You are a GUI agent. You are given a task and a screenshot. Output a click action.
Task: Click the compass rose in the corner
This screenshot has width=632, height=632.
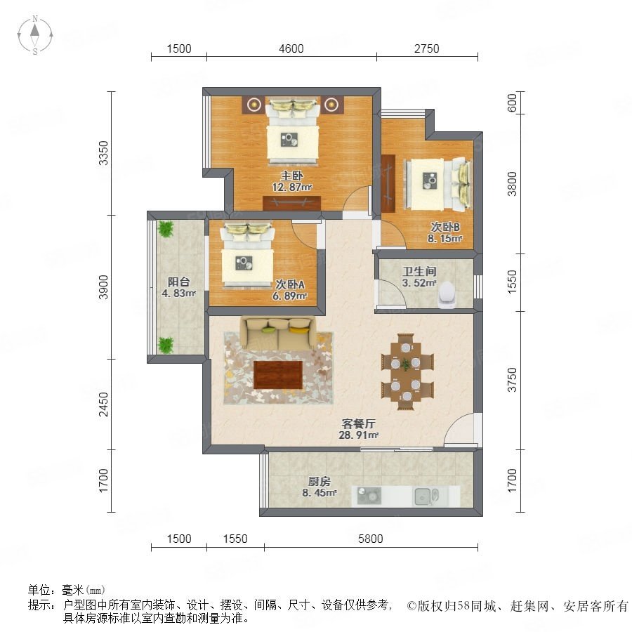click(35, 35)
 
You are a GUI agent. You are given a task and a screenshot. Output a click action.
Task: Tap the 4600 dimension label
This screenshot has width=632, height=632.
click(291, 48)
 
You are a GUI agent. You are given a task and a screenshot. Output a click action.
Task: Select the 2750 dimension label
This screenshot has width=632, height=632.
click(426, 48)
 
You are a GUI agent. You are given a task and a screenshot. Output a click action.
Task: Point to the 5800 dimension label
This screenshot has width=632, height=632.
click(370, 539)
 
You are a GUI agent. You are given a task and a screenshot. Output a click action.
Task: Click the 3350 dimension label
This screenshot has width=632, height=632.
click(104, 153)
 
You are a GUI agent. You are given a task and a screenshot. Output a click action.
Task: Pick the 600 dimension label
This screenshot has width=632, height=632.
click(512, 103)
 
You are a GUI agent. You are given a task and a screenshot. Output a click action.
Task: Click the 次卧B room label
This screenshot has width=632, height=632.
click(445, 227)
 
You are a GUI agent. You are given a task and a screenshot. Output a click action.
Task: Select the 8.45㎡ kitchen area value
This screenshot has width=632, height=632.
click(320, 492)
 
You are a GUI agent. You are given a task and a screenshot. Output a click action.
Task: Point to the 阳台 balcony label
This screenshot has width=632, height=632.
click(178, 282)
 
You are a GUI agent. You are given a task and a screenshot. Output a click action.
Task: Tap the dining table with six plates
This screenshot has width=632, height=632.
click(407, 371)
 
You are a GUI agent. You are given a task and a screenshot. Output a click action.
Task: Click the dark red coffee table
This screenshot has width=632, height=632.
click(278, 375)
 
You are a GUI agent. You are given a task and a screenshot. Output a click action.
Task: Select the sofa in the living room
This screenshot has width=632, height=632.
click(278, 334)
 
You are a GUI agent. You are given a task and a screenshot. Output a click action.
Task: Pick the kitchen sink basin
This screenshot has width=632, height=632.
click(422, 496)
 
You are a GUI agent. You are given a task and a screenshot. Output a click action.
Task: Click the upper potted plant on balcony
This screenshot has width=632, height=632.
click(165, 229)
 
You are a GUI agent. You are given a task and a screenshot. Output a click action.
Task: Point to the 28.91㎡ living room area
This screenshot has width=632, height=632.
click(359, 435)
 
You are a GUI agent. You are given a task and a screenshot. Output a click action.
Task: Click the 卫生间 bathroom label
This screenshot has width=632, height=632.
click(419, 271)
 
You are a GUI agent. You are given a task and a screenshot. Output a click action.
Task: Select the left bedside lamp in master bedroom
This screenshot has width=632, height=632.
click(254, 105)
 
